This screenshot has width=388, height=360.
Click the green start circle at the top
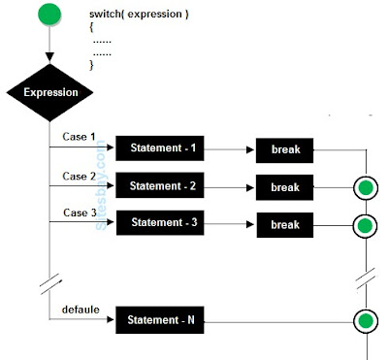[x=48, y=16]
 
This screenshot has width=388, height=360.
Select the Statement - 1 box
[x=162, y=148]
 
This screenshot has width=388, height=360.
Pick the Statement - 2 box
[x=162, y=185]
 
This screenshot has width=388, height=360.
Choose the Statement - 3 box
[x=162, y=222]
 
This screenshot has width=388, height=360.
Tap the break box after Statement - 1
[x=285, y=150]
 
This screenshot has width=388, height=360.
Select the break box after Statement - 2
[x=285, y=187]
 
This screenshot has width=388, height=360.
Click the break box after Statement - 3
[x=285, y=224]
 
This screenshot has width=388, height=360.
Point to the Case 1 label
[x=80, y=138]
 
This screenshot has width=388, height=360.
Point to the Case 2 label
[x=80, y=176]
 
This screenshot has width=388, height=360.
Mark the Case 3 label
[x=80, y=212]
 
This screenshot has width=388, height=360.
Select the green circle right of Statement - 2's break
[x=365, y=187]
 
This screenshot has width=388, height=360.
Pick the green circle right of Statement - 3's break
[x=365, y=224]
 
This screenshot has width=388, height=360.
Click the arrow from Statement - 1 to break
[x=232, y=149]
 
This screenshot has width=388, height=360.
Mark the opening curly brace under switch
[x=92, y=31]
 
